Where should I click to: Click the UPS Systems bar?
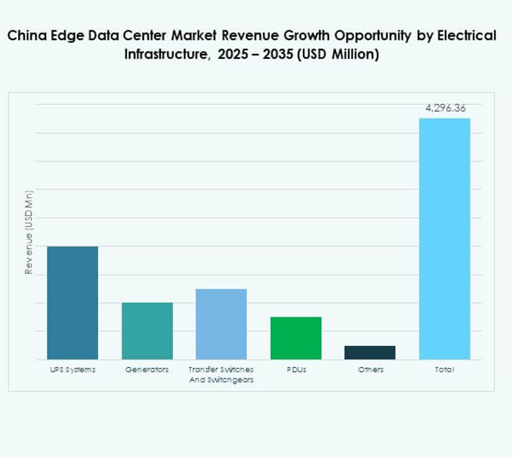point(72,303)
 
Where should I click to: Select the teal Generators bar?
point(147,331)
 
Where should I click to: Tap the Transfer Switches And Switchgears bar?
point(221,324)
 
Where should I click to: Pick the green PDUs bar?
point(296,338)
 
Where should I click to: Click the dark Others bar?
point(370,353)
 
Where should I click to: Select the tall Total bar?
point(444,238)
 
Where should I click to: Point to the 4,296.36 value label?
point(445,108)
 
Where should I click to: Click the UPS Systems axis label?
point(72,369)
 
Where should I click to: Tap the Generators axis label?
point(147,369)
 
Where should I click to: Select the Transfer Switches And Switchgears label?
point(221,374)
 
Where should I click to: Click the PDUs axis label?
point(296,369)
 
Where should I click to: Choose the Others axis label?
point(370,369)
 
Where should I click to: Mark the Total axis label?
point(445,369)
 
